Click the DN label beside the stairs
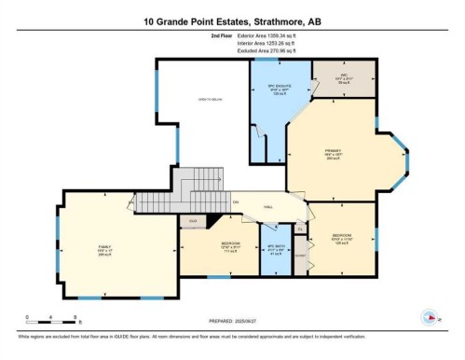coord(237,201)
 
